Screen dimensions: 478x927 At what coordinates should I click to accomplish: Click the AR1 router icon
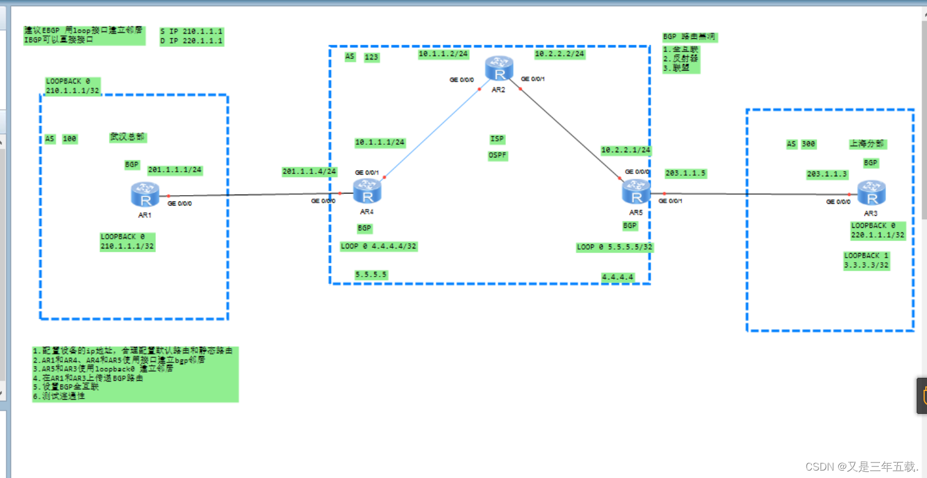pos(145,195)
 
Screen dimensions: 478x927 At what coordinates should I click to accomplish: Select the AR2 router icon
pos(499,69)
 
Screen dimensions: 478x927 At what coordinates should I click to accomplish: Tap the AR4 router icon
pos(367,191)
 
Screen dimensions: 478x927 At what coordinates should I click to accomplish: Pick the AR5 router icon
pos(636,192)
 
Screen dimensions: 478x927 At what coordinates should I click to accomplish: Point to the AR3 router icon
pos(871,193)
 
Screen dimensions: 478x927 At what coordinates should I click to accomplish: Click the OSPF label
pos(498,156)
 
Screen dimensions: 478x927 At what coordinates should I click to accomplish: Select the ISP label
pos(497,139)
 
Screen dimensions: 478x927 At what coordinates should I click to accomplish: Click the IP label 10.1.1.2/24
pos(443,54)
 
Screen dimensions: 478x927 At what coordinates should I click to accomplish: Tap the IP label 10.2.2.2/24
pos(560,54)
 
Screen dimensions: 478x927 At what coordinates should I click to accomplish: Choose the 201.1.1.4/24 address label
pos(309,172)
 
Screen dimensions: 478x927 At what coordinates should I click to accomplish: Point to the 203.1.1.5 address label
pos(686,173)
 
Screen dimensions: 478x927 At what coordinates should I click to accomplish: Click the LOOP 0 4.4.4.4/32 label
pos(378,247)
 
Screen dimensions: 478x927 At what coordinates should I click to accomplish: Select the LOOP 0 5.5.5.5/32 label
pos(615,247)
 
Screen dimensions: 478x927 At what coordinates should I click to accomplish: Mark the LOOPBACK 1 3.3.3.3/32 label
pos(866,260)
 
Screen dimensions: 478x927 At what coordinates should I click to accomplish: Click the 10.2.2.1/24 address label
pos(625,151)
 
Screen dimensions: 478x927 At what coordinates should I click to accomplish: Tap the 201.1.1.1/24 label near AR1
pos(175,170)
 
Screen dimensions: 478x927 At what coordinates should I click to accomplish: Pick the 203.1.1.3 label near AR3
pos(827,174)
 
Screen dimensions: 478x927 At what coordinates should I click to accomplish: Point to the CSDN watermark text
pos(862,467)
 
